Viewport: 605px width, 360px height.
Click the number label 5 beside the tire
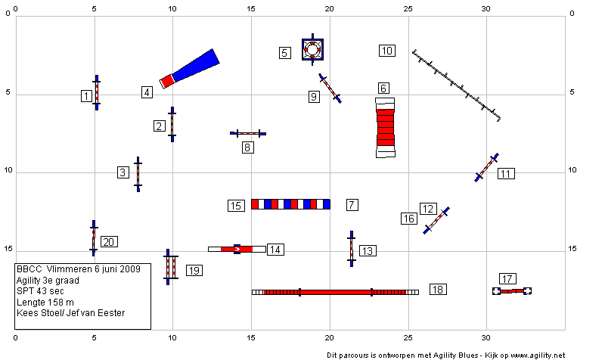(285, 53)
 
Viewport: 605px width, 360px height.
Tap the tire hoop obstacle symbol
(312, 49)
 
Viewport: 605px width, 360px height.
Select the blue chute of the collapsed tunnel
(196, 65)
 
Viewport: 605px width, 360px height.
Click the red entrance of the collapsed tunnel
(167, 82)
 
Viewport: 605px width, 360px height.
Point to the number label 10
(387, 51)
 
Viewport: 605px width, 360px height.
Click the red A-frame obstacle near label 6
(386, 128)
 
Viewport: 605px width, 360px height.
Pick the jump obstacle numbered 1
(97, 92)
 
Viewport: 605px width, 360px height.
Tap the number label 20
(109, 242)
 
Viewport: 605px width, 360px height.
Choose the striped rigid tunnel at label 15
(290, 204)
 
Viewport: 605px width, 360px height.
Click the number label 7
(352, 204)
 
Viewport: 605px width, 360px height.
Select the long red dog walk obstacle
(335, 292)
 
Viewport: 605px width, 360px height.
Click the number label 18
(438, 290)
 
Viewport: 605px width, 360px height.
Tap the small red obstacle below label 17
(512, 291)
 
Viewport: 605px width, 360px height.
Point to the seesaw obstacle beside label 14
(237, 249)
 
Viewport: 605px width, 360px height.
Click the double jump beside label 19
(171, 267)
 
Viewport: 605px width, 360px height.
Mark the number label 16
(409, 219)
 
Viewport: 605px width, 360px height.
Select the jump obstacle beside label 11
(486, 167)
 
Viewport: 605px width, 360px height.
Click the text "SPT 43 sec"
(40, 291)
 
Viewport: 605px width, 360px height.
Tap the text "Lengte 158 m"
(45, 302)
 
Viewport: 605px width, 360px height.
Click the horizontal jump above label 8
(248, 134)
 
